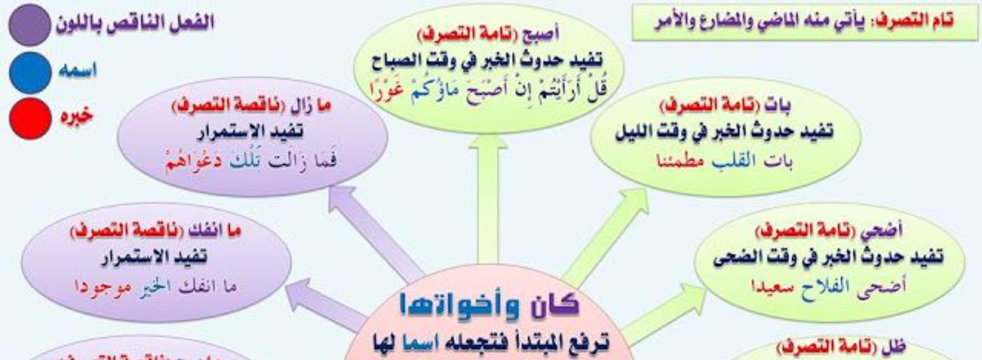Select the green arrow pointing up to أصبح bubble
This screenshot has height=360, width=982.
click(488, 196)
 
